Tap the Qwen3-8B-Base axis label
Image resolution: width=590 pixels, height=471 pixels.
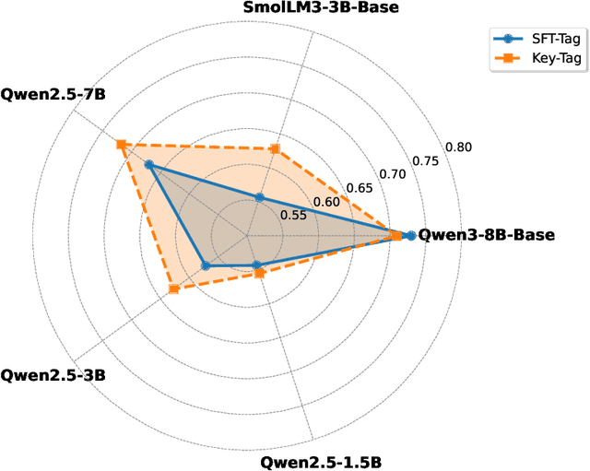click(x=487, y=235)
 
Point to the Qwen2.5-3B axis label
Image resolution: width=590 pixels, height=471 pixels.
click(x=53, y=375)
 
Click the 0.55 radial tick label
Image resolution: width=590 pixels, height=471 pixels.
click(x=292, y=216)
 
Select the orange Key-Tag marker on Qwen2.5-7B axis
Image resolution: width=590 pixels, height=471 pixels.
click(x=120, y=144)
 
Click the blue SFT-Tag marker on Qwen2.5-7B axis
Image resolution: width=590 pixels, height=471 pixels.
click(x=148, y=165)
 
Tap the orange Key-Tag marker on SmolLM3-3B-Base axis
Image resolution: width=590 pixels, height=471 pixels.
click(x=274, y=148)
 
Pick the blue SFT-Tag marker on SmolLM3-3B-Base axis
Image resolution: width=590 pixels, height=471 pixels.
click(x=259, y=197)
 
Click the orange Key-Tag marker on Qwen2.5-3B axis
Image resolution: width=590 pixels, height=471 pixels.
click(x=173, y=289)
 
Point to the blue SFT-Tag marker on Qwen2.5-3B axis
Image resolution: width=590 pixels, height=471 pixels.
click(x=206, y=266)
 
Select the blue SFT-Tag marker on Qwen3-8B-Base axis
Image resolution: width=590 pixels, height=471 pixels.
click(x=410, y=236)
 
